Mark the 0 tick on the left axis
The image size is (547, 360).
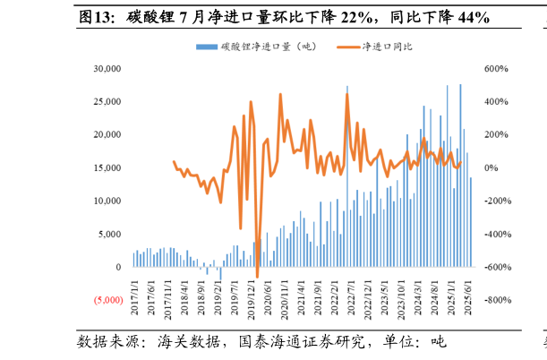click(116, 268)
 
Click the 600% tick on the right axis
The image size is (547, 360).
click(497, 69)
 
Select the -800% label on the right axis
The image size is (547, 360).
click(495, 301)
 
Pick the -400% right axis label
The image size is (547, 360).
click(495, 235)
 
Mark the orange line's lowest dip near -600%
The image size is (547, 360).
click(257, 277)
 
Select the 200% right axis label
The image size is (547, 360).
click(495, 135)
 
